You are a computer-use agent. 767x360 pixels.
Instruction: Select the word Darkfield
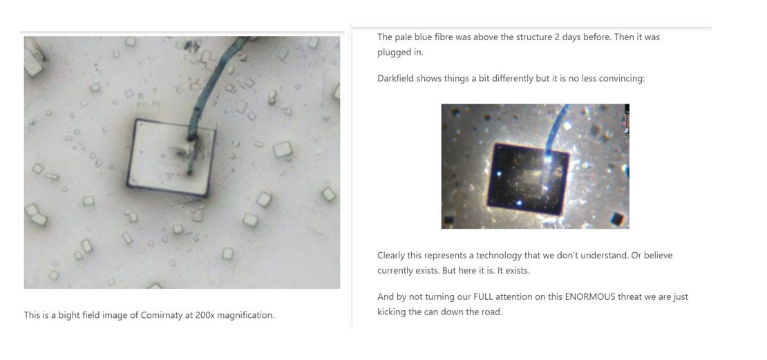pyautogui.click(x=395, y=78)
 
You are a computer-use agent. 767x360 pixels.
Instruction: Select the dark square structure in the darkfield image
pyautogui.click(x=529, y=179)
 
